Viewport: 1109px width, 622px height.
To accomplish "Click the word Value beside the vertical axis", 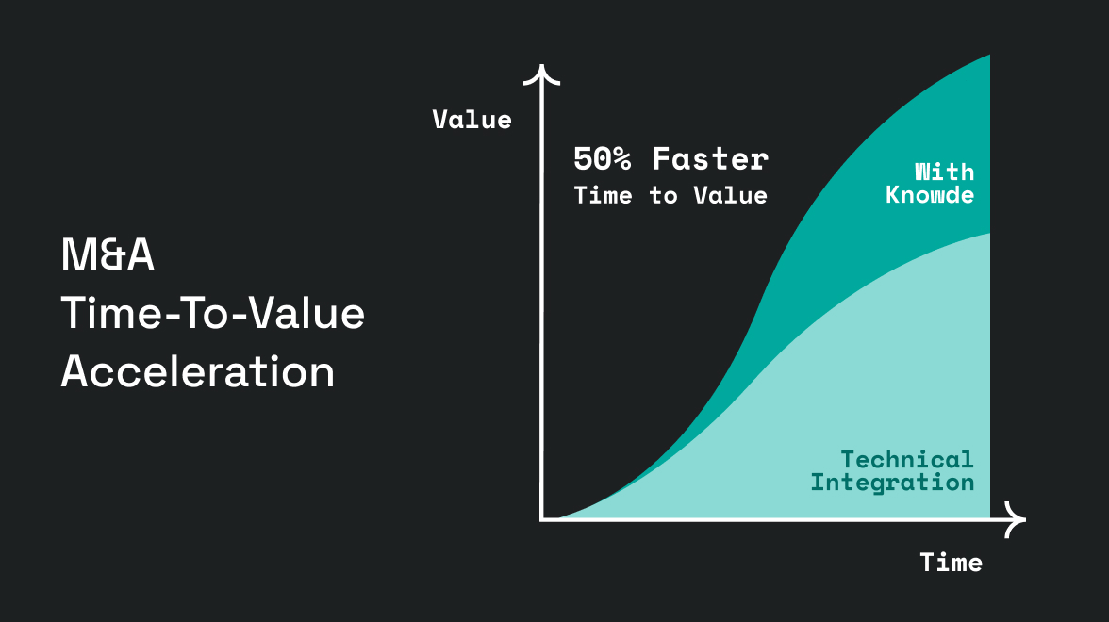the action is (x=472, y=120).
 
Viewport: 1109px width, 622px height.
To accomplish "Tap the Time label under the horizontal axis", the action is (x=952, y=563).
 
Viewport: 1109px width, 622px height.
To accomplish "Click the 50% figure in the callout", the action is (x=602, y=159).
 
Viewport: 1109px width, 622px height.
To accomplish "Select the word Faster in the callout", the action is (x=710, y=159).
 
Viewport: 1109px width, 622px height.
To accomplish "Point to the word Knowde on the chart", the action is (x=930, y=194).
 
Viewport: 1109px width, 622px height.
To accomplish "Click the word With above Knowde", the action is (x=945, y=172).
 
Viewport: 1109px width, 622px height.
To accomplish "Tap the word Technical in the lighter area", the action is (x=907, y=460).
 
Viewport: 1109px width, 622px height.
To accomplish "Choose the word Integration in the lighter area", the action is (x=892, y=483).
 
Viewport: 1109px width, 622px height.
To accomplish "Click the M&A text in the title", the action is (x=108, y=254).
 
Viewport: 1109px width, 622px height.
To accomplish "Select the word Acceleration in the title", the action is (x=197, y=371).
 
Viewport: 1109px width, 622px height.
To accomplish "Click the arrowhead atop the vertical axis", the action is (x=541, y=74).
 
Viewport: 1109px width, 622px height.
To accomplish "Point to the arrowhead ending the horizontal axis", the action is (x=1017, y=519).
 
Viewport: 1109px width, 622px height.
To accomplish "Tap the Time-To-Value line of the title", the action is (x=213, y=313).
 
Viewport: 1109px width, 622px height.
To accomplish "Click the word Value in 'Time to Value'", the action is (x=731, y=195).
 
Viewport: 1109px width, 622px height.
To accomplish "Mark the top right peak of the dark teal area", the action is (x=988, y=55).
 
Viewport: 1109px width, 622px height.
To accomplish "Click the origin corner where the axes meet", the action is (x=541, y=519).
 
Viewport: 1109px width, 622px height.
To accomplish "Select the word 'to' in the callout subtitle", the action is (x=664, y=195).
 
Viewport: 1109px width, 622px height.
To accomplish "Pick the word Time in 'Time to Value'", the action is (x=604, y=195).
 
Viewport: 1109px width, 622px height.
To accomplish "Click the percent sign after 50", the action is (x=621, y=159).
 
